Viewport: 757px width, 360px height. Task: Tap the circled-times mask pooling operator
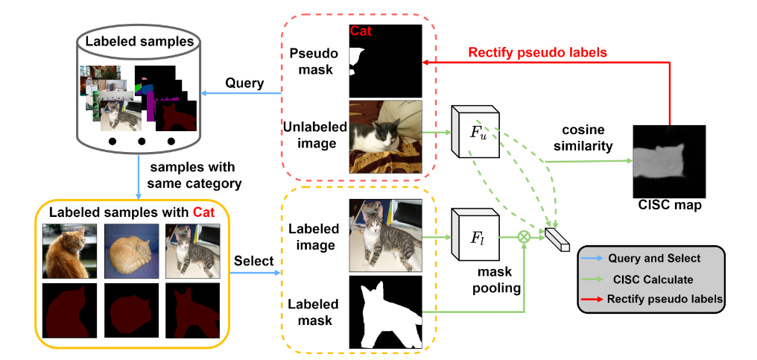(524, 237)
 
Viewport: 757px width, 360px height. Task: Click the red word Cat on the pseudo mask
(361, 31)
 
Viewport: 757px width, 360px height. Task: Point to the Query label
(245, 83)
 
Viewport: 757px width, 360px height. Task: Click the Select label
(254, 261)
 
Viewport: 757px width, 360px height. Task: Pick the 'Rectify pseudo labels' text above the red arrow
(537, 52)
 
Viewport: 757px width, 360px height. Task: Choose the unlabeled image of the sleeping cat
(386, 136)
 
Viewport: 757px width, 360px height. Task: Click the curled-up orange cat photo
(131, 250)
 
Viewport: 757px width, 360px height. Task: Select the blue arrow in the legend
(592, 259)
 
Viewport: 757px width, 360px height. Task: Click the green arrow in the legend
(592, 280)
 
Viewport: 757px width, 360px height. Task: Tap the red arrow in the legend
(592, 299)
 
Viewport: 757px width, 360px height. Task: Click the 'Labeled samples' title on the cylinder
(139, 41)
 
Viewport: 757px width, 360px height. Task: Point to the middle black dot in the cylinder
(142, 141)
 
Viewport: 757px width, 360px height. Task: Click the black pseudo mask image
(386, 61)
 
